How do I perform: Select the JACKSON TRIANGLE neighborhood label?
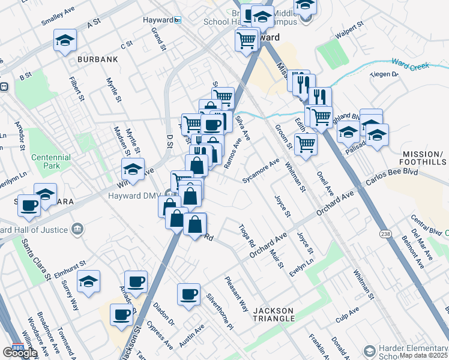tap(273, 315)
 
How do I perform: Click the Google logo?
tap(20, 353)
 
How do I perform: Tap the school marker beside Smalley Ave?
tap(65, 40)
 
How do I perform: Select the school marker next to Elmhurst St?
tap(88, 281)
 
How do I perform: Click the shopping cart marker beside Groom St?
tap(306, 143)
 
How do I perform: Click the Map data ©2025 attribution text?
tap(423, 355)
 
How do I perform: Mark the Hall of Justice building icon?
tap(77, 229)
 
